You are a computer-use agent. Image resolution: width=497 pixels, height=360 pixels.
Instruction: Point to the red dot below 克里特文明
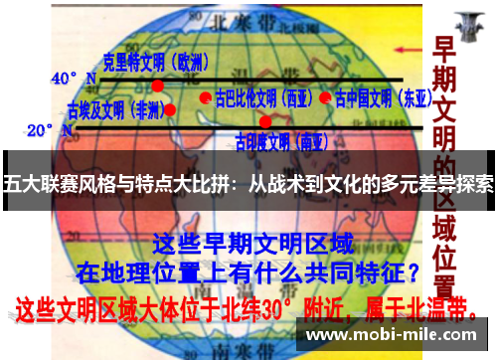157,86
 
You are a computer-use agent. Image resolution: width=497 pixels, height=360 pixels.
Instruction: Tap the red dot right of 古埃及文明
170,109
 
